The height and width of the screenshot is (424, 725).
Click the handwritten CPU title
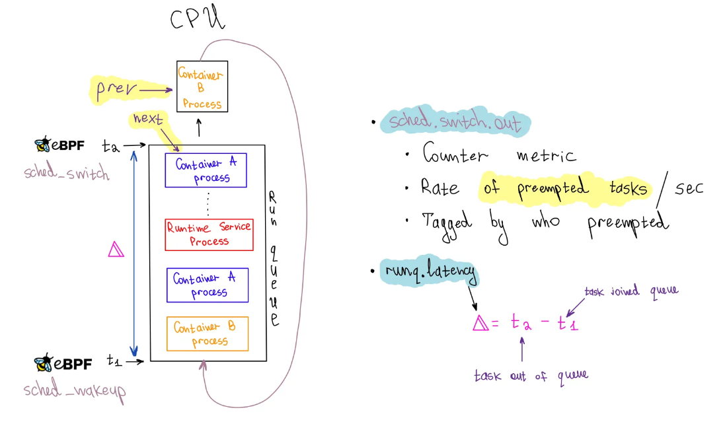click(x=198, y=18)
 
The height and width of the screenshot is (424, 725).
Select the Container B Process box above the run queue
click(x=202, y=87)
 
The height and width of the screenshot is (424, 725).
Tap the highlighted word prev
click(x=116, y=88)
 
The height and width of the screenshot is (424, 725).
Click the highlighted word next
click(x=147, y=119)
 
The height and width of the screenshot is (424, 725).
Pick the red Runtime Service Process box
click(x=209, y=234)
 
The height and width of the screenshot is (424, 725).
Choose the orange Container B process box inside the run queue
click(x=207, y=334)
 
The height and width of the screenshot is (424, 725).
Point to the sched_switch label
click(x=67, y=172)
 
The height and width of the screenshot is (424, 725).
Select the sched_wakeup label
click(x=75, y=390)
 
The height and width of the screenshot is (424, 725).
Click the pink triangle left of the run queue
click(x=116, y=250)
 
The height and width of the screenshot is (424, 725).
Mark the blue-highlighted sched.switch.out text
click(x=455, y=121)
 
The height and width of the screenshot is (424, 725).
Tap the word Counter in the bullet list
click(x=455, y=153)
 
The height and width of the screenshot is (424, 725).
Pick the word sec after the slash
click(x=689, y=188)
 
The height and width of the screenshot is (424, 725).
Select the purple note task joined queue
click(x=631, y=291)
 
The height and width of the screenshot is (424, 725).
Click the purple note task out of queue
click(x=531, y=376)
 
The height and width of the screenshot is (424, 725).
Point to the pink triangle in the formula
click(x=480, y=323)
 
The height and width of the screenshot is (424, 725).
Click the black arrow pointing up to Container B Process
click(x=199, y=127)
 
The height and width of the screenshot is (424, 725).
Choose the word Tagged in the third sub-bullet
click(x=446, y=225)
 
